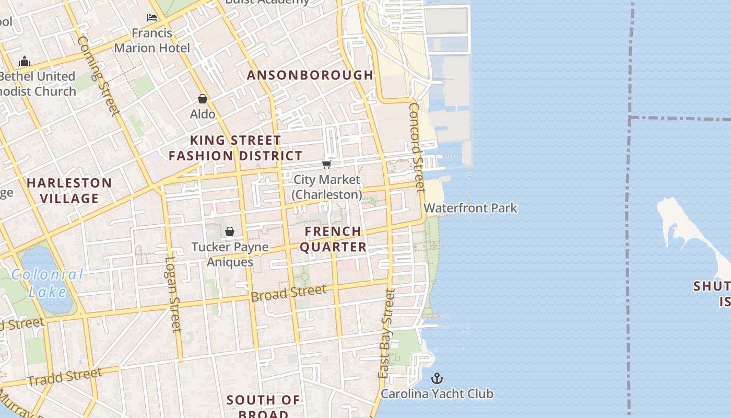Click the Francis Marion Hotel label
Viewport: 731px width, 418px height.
[152, 40]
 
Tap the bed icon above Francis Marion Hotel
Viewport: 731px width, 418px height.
[152, 18]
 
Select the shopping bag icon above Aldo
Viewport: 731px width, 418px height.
[203, 98]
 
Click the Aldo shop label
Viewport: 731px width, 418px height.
[203, 114]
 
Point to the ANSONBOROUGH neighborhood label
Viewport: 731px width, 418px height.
[310, 75]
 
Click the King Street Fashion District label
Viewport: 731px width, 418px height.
[235, 148]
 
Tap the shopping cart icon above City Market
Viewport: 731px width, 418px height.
[327, 165]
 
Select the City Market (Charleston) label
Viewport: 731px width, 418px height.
[327, 187]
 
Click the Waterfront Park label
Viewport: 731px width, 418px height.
[470, 208]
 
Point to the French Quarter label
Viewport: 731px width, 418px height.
[333, 239]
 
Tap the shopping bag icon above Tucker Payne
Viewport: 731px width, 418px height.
[230, 231]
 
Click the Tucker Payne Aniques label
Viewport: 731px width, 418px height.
[230, 254]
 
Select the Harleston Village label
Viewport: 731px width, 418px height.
[69, 190]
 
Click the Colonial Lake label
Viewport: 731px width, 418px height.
[48, 283]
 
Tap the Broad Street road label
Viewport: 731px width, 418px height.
[289, 293]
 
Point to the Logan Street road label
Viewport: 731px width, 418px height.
[173, 294]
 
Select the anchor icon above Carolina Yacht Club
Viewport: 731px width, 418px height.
[437, 378]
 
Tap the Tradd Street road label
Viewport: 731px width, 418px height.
[65, 377]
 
